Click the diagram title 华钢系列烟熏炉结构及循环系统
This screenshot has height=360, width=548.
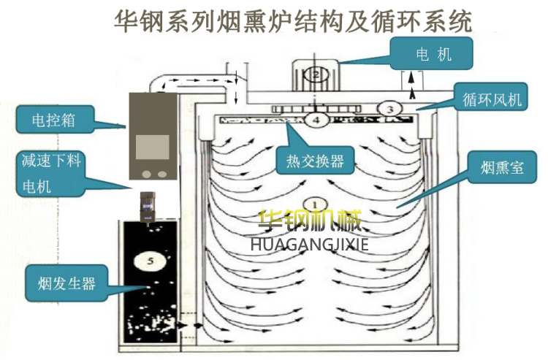pyautogui.click(x=293, y=20)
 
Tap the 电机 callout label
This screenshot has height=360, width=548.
pyautogui.click(x=433, y=55)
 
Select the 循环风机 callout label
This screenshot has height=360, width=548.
pyautogui.click(x=488, y=99)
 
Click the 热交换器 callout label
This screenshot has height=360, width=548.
pyautogui.click(x=311, y=158)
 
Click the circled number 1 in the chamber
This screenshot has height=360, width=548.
pyautogui.click(x=315, y=204)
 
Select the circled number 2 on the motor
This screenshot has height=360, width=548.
pyautogui.click(x=315, y=74)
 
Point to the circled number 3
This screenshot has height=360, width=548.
pyautogui.click(x=390, y=109)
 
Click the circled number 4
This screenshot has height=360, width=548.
pyautogui.click(x=316, y=119)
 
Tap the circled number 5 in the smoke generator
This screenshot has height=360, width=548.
pyautogui.click(x=150, y=258)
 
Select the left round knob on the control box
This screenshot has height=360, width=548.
pyautogui.click(x=146, y=174)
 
